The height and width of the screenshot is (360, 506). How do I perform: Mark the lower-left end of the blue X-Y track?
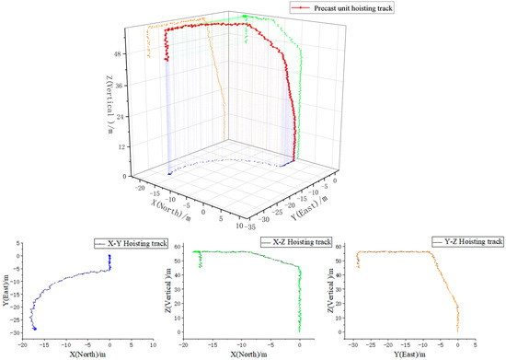tap(35, 329)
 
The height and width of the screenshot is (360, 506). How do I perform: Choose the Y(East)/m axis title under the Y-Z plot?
tap(407, 354)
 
